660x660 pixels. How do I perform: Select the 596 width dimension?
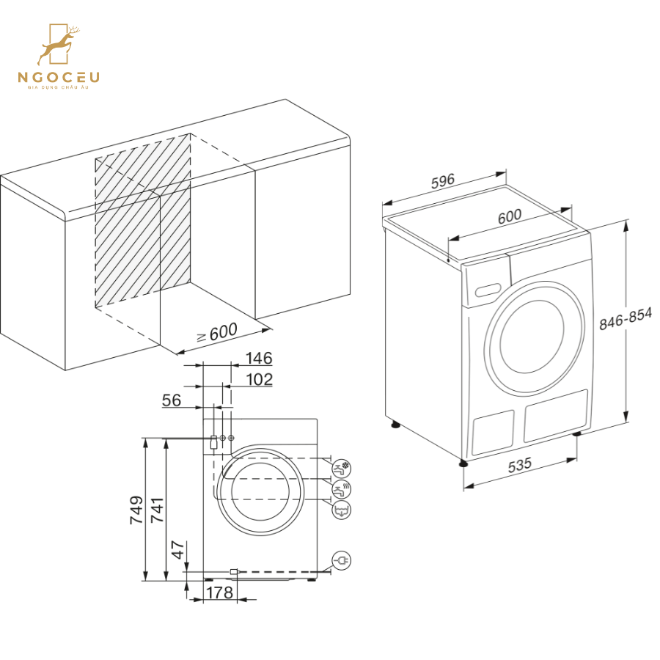point(443,180)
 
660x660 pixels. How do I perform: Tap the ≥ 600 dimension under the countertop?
point(216,334)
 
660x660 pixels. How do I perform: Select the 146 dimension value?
point(259,359)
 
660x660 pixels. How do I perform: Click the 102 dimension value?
point(259,380)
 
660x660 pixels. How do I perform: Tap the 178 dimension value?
point(219,593)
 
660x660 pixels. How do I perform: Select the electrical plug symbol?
point(342,560)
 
